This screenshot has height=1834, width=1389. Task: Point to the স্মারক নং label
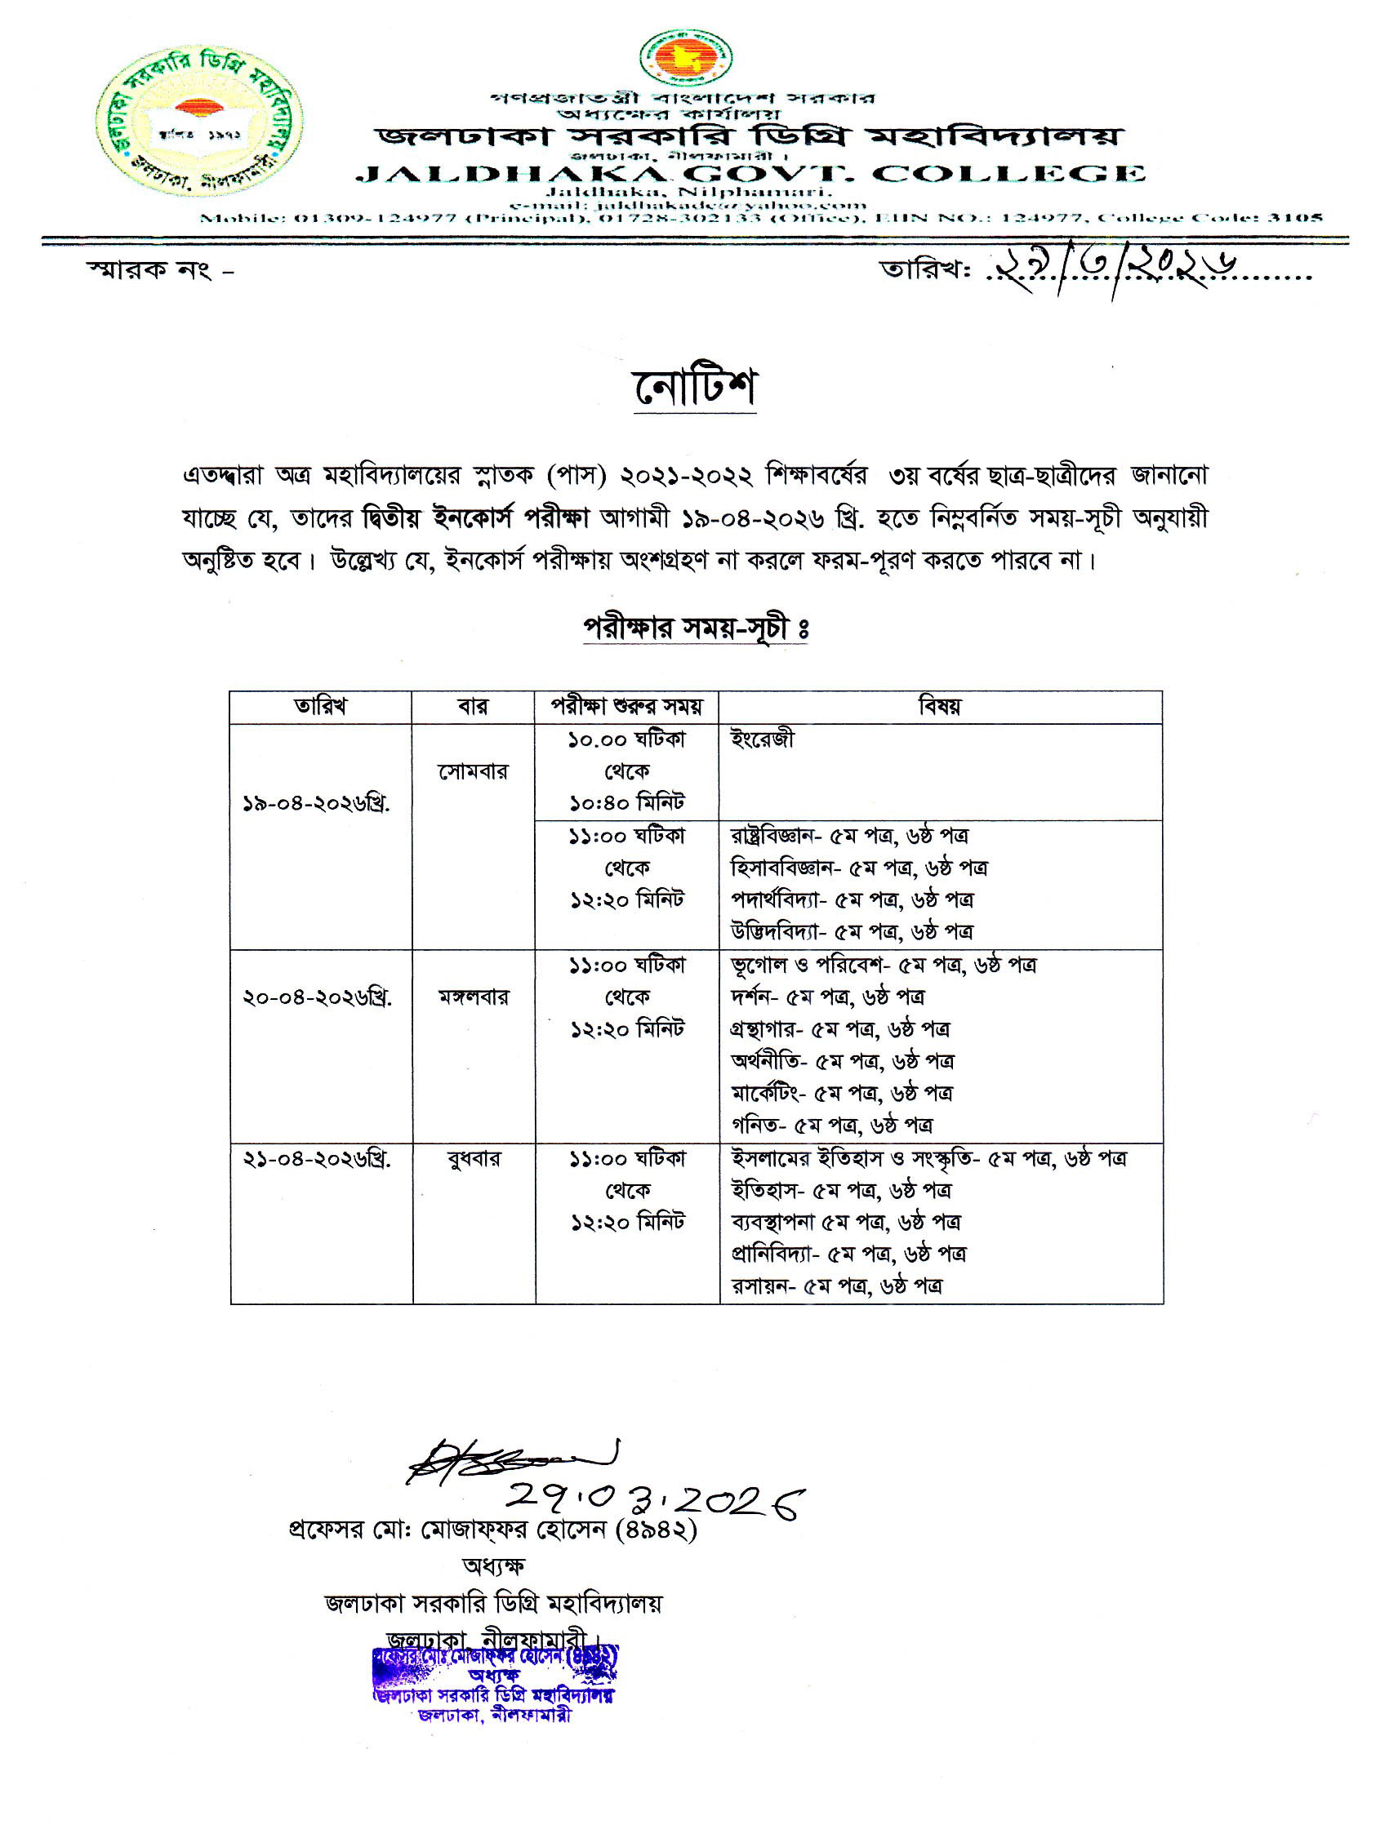[160, 269]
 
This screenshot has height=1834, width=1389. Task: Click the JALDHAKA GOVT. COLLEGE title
[750, 174]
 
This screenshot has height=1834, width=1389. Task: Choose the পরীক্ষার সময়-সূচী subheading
[695, 628]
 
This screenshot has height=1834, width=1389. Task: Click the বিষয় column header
[940, 706]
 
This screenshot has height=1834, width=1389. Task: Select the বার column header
[473, 706]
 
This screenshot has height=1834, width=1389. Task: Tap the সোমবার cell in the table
[473, 772]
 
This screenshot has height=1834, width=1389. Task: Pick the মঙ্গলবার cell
[474, 997]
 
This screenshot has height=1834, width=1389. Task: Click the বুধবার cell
[474, 1158]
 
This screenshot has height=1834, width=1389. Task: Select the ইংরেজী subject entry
[762, 739]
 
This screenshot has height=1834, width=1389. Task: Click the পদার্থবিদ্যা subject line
[852, 899]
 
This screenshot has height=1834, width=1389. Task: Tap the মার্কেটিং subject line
[841, 1094]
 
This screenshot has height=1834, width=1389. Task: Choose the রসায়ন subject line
[836, 1286]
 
